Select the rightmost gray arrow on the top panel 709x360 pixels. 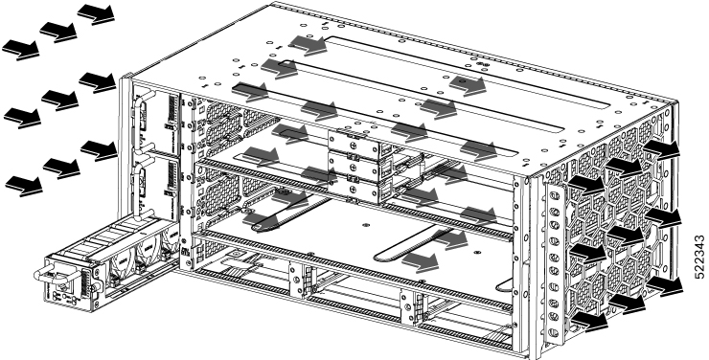[474, 85]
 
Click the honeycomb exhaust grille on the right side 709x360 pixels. [623, 239]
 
